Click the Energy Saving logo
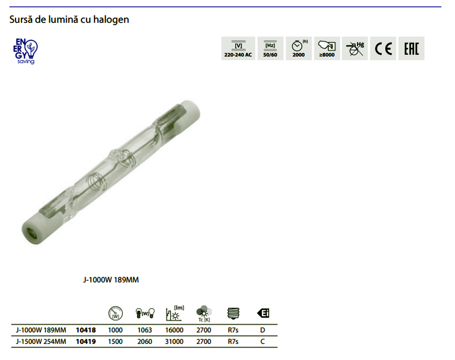tap(25, 51)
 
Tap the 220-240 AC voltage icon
tap(238, 49)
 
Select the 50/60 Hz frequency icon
tap(270, 49)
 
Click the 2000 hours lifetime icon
tap(298, 49)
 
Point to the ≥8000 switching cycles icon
tap(327, 49)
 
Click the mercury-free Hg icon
tap(355, 49)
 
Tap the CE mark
tap(383, 49)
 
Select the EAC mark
tap(411, 49)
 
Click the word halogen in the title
tap(111, 20)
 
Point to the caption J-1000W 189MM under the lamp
tap(111, 280)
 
